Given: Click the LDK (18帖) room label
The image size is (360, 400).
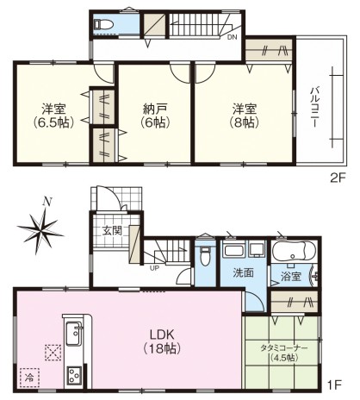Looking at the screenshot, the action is [x=162, y=341].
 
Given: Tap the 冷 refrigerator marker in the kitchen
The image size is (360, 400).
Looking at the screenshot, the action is [x=29, y=378].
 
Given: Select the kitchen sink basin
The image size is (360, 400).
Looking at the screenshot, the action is [x=74, y=333].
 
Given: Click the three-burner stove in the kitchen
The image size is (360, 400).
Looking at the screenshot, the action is [x=74, y=375].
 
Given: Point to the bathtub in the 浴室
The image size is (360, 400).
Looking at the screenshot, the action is [x=294, y=251].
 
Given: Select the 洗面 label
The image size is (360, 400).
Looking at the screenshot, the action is [x=243, y=272].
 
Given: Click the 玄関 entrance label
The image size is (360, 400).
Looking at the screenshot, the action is [x=113, y=230].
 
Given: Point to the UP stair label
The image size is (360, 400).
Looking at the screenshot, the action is [x=154, y=269].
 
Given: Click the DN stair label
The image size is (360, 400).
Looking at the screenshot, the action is [x=233, y=37].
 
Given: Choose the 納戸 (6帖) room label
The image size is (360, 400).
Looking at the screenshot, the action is [x=155, y=116].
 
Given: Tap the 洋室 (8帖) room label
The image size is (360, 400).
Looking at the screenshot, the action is [x=245, y=116].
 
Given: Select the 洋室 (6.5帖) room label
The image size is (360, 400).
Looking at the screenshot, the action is [x=53, y=116].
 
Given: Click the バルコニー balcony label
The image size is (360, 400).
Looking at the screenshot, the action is [x=315, y=108].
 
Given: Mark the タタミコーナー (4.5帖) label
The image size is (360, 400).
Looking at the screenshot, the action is [x=283, y=353].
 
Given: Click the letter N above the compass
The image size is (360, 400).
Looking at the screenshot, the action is [x=47, y=203].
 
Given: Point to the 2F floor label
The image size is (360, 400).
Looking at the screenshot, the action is [x=338, y=178].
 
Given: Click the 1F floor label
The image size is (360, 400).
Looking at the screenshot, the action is [x=335, y=384].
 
